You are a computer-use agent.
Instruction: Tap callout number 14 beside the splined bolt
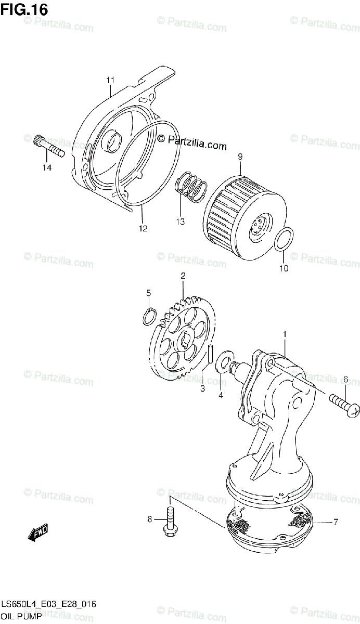coord(47,167)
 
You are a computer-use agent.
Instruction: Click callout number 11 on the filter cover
coord(110,80)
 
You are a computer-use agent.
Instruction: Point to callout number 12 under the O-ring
coord(143,228)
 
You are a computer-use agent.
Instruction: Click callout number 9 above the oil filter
coord(240,156)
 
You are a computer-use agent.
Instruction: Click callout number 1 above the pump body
coord(285,333)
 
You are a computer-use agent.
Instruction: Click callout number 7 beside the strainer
coord(336,522)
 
